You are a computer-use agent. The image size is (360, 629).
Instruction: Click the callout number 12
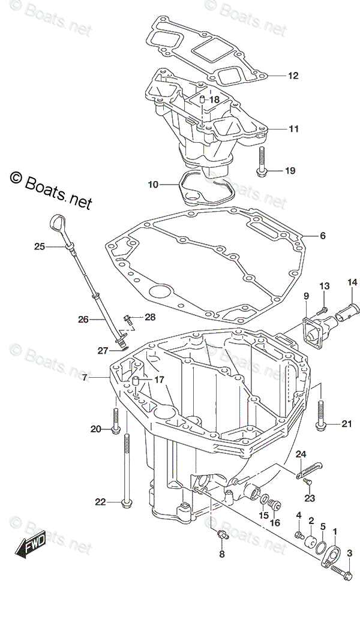click(293, 76)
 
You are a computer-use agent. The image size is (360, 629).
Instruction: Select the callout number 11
click(293, 128)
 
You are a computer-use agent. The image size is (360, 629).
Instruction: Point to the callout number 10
click(153, 184)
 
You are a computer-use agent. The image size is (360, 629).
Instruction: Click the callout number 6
click(322, 236)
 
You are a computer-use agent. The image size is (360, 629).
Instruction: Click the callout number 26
click(83, 320)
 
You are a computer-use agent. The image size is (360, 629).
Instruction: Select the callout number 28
click(149, 317)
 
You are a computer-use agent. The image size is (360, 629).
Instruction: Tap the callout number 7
click(85, 377)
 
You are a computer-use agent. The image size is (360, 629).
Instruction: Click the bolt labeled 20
click(115, 417)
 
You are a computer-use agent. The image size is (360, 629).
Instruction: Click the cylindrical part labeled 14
click(348, 312)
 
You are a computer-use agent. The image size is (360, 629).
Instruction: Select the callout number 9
click(306, 296)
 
